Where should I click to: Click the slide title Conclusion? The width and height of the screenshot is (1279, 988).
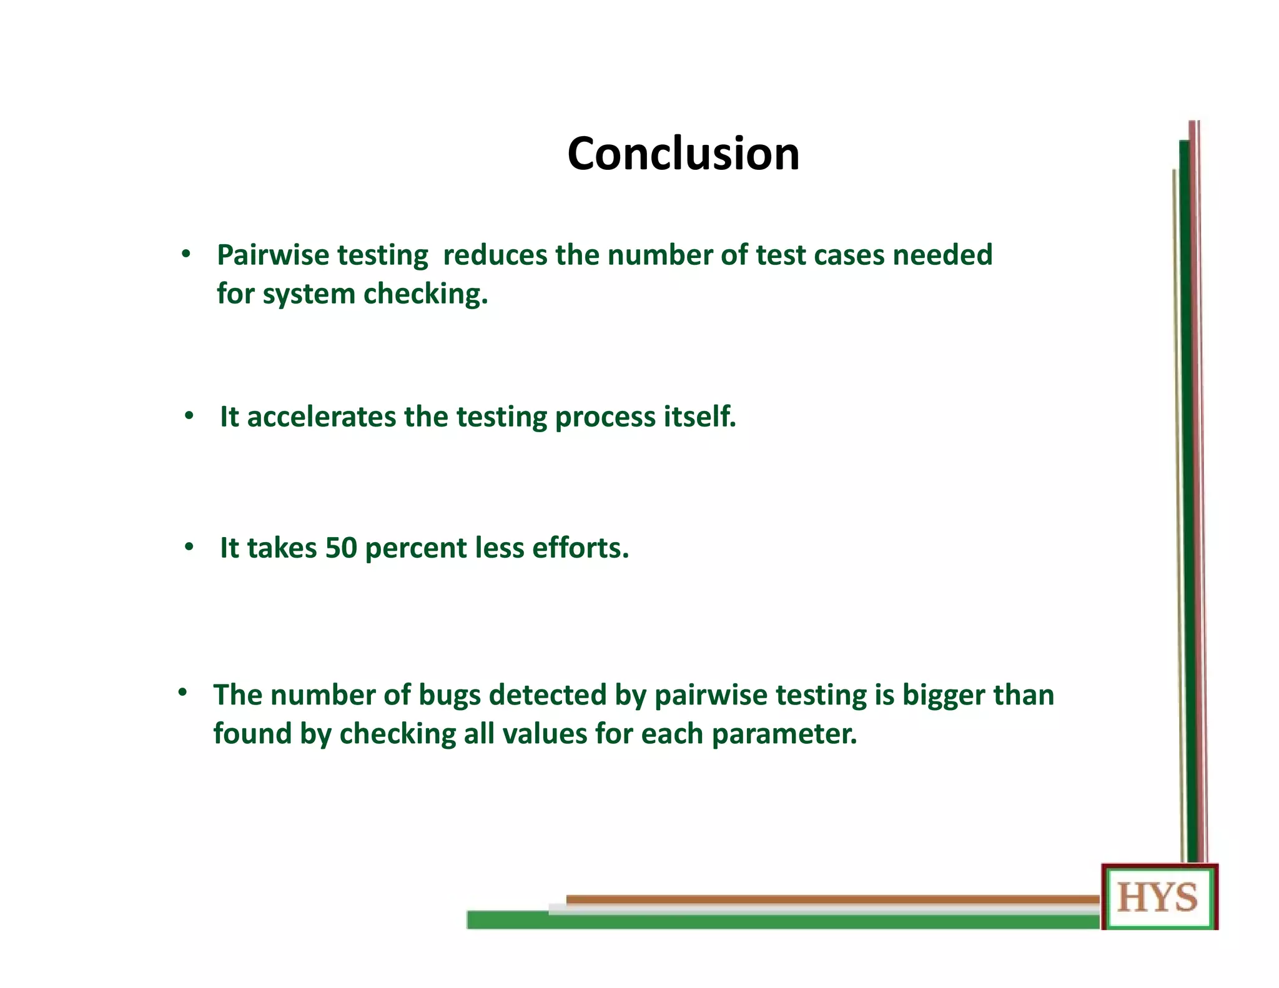(683, 154)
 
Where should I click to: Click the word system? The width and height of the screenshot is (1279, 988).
(309, 294)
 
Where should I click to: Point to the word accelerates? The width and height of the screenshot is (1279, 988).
(321, 417)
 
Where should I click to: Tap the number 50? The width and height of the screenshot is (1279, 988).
(341, 548)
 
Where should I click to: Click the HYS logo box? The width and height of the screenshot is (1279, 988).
(1158, 897)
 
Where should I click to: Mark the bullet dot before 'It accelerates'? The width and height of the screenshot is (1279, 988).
(189, 415)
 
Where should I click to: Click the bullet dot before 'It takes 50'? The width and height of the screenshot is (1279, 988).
(189, 547)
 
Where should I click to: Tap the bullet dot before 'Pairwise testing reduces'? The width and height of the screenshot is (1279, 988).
(185, 254)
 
